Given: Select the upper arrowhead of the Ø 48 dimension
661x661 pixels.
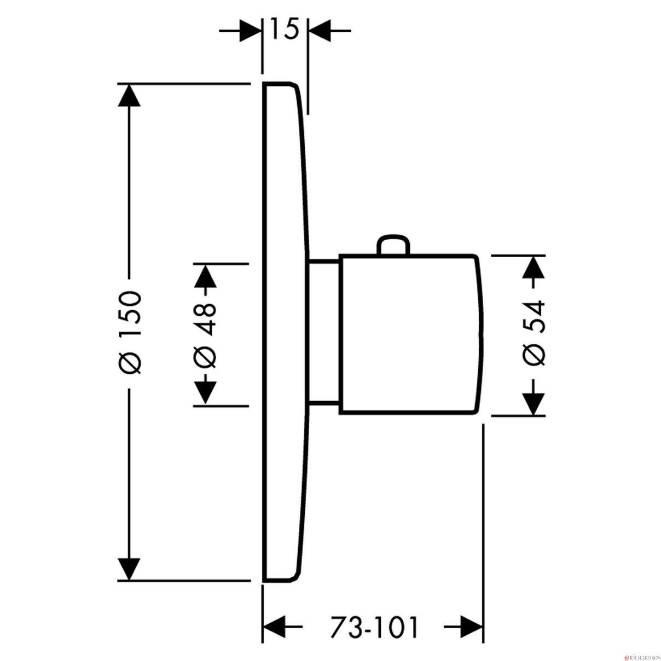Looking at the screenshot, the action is (x=205, y=275).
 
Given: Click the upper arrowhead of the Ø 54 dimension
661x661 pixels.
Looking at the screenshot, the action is (x=534, y=266).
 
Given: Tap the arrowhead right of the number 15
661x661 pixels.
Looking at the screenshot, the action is (x=320, y=31).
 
